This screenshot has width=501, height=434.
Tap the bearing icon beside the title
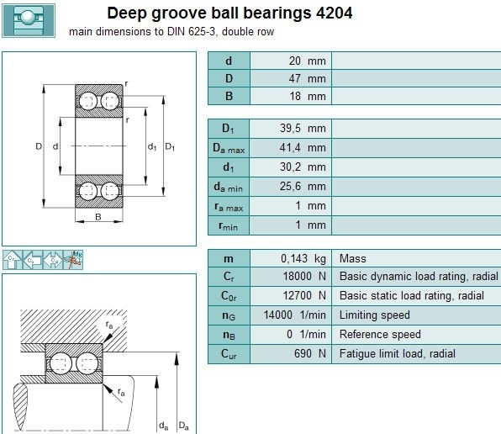(x=29, y=21)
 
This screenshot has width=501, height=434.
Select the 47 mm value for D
(x=307, y=78)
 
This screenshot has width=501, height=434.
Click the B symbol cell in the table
(x=229, y=96)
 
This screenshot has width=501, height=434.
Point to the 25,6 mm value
(x=303, y=187)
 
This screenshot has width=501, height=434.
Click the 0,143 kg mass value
(x=303, y=258)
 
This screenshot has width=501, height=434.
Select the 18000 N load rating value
(x=304, y=276)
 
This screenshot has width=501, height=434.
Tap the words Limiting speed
(x=374, y=315)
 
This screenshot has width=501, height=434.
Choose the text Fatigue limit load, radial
(x=397, y=354)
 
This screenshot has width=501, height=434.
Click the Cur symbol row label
(x=229, y=354)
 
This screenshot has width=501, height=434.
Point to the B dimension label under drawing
(x=98, y=217)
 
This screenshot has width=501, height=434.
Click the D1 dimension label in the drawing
(x=170, y=147)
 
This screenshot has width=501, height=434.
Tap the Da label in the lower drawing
(x=184, y=426)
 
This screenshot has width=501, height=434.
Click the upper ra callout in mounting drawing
(x=109, y=325)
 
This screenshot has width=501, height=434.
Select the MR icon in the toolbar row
(x=73, y=260)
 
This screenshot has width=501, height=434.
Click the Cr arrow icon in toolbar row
(x=12, y=260)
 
